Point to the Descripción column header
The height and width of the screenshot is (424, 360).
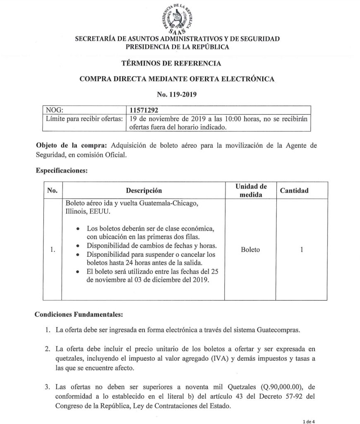144,190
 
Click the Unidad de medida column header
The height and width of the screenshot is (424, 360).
251,190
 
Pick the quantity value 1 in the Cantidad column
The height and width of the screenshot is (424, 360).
302,250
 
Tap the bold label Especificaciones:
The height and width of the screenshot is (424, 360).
62,171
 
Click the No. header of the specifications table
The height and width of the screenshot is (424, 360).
53,190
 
